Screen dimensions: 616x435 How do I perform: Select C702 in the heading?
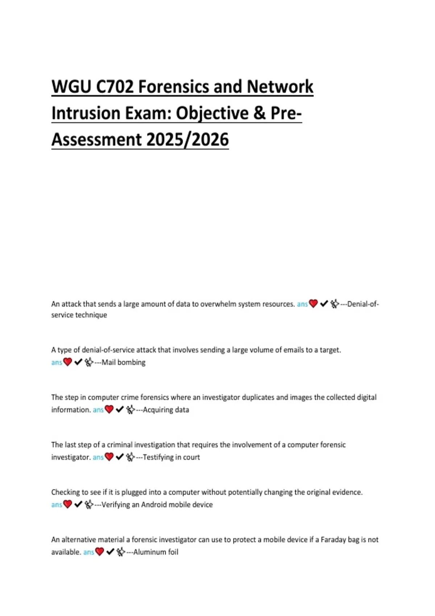(115, 87)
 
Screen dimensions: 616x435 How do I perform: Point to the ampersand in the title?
(259, 113)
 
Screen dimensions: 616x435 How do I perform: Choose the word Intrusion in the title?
(86, 113)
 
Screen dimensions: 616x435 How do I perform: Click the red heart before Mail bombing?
(67, 362)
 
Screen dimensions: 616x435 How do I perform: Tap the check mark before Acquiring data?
(120, 409)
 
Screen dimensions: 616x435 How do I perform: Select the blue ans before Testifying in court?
(98, 457)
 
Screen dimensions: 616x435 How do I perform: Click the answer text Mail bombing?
(123, 362)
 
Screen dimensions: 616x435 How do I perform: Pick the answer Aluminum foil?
(156, 552)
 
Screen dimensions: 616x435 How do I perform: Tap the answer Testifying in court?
(171, 457)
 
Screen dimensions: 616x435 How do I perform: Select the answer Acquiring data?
(166, 410)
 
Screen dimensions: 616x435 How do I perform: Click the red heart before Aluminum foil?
(99, 552)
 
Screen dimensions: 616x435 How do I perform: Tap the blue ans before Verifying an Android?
(57, 505)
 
